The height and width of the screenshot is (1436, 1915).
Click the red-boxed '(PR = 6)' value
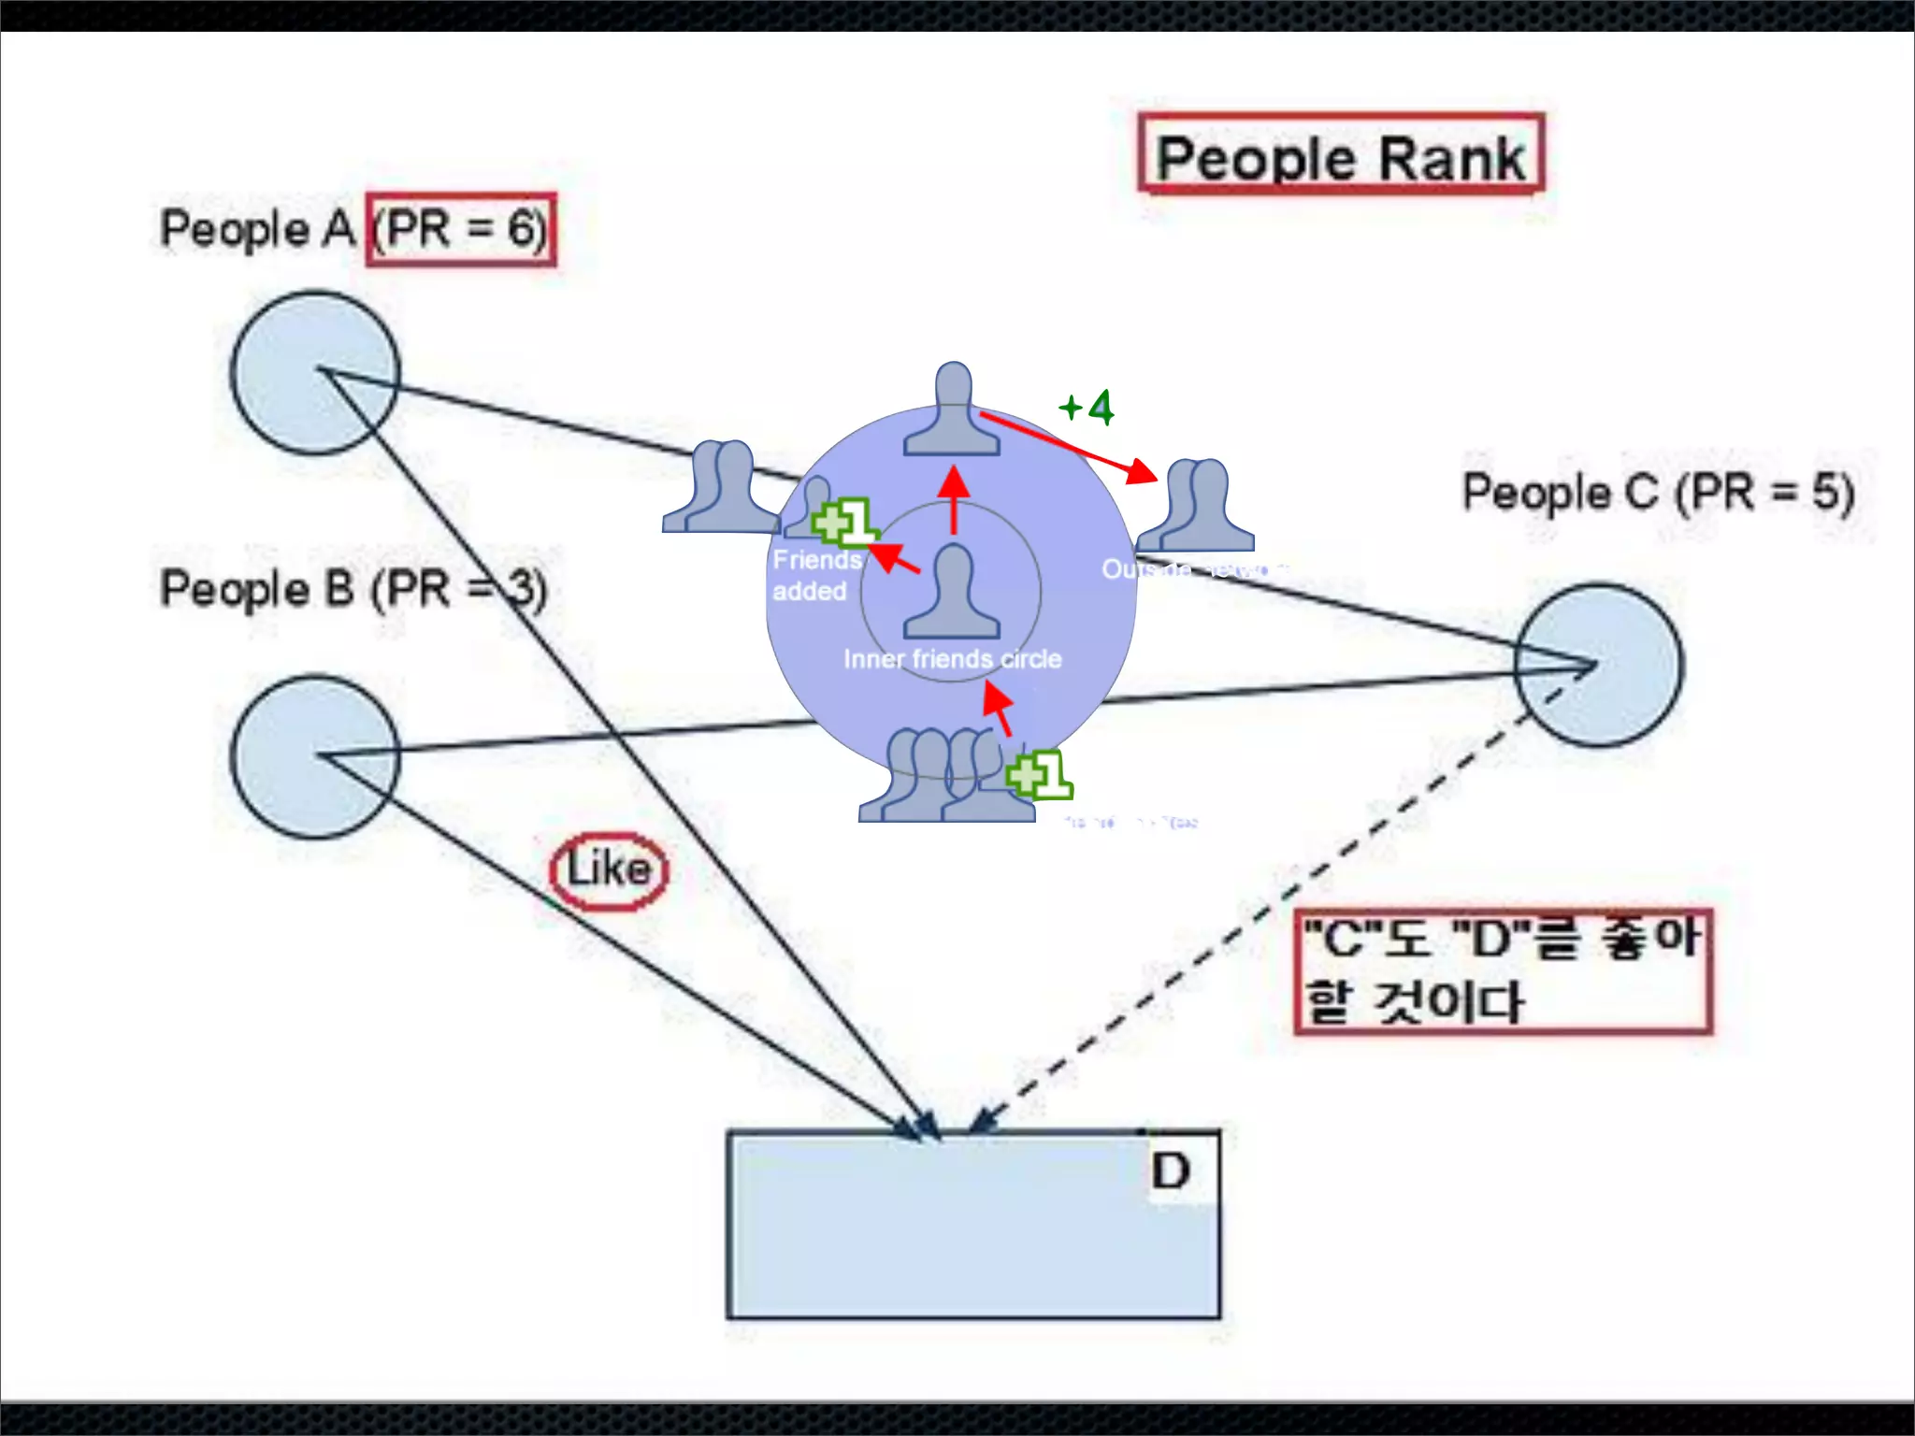pos(461,230)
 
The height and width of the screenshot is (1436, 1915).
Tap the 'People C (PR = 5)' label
pos(1658,493)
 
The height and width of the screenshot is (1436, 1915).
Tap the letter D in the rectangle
pos(1171,1171)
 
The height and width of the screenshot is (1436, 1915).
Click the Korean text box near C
pos(1503,971)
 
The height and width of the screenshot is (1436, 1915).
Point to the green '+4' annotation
pos(1087,408)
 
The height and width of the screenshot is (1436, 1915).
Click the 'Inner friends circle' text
pos(952,659)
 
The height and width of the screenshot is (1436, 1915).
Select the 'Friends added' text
pos(814,576)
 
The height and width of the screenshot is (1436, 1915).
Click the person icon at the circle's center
pos(952,593)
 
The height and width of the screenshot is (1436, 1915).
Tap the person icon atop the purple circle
pos(952,411)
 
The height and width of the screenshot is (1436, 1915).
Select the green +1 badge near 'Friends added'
pos(844,522)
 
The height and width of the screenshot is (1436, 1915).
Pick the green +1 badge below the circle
pos(1039,775)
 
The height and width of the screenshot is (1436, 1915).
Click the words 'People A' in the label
pos(257,230)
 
